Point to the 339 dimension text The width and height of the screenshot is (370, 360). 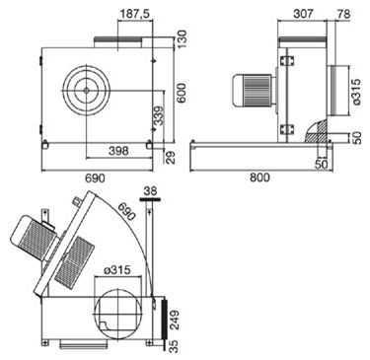point(159,117)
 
